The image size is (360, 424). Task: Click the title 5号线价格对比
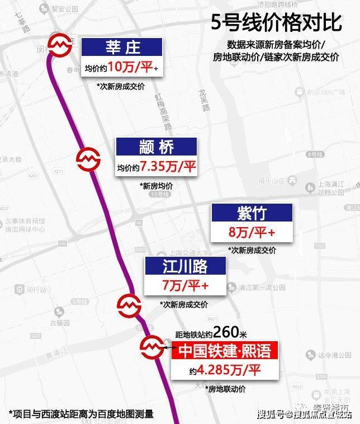pyautogui.click(x=276, y=23)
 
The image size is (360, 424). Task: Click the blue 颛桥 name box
pyautogui.click(x=157, y=147)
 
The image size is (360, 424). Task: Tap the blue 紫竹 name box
pyautogui.click(x=252, y=213)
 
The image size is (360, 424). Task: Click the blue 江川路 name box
pyautogui.click(x=185, y=266)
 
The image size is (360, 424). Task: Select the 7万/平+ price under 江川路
pyautogui.click(x=185, y=286)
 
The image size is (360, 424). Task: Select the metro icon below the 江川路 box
pyautogui.click(x=129, y=305)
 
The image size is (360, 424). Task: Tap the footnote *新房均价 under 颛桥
pyautogui.click(x=158, y=186)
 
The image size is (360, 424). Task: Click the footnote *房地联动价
pyautogui.click(x=226, y=388)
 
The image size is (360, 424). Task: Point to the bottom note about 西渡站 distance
pyautogui.click(x=81, y=414)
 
